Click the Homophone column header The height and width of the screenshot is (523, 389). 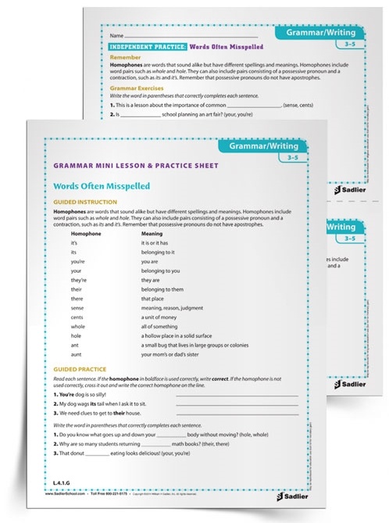click(x=87, y=233)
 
